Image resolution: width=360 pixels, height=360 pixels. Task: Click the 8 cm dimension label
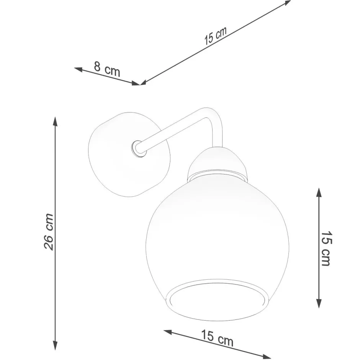click(x=107, y=70)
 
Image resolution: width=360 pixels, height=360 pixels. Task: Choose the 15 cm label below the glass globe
click(x=217, y=338)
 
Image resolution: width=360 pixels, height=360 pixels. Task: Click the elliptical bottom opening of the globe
click(x=217, y=298)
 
